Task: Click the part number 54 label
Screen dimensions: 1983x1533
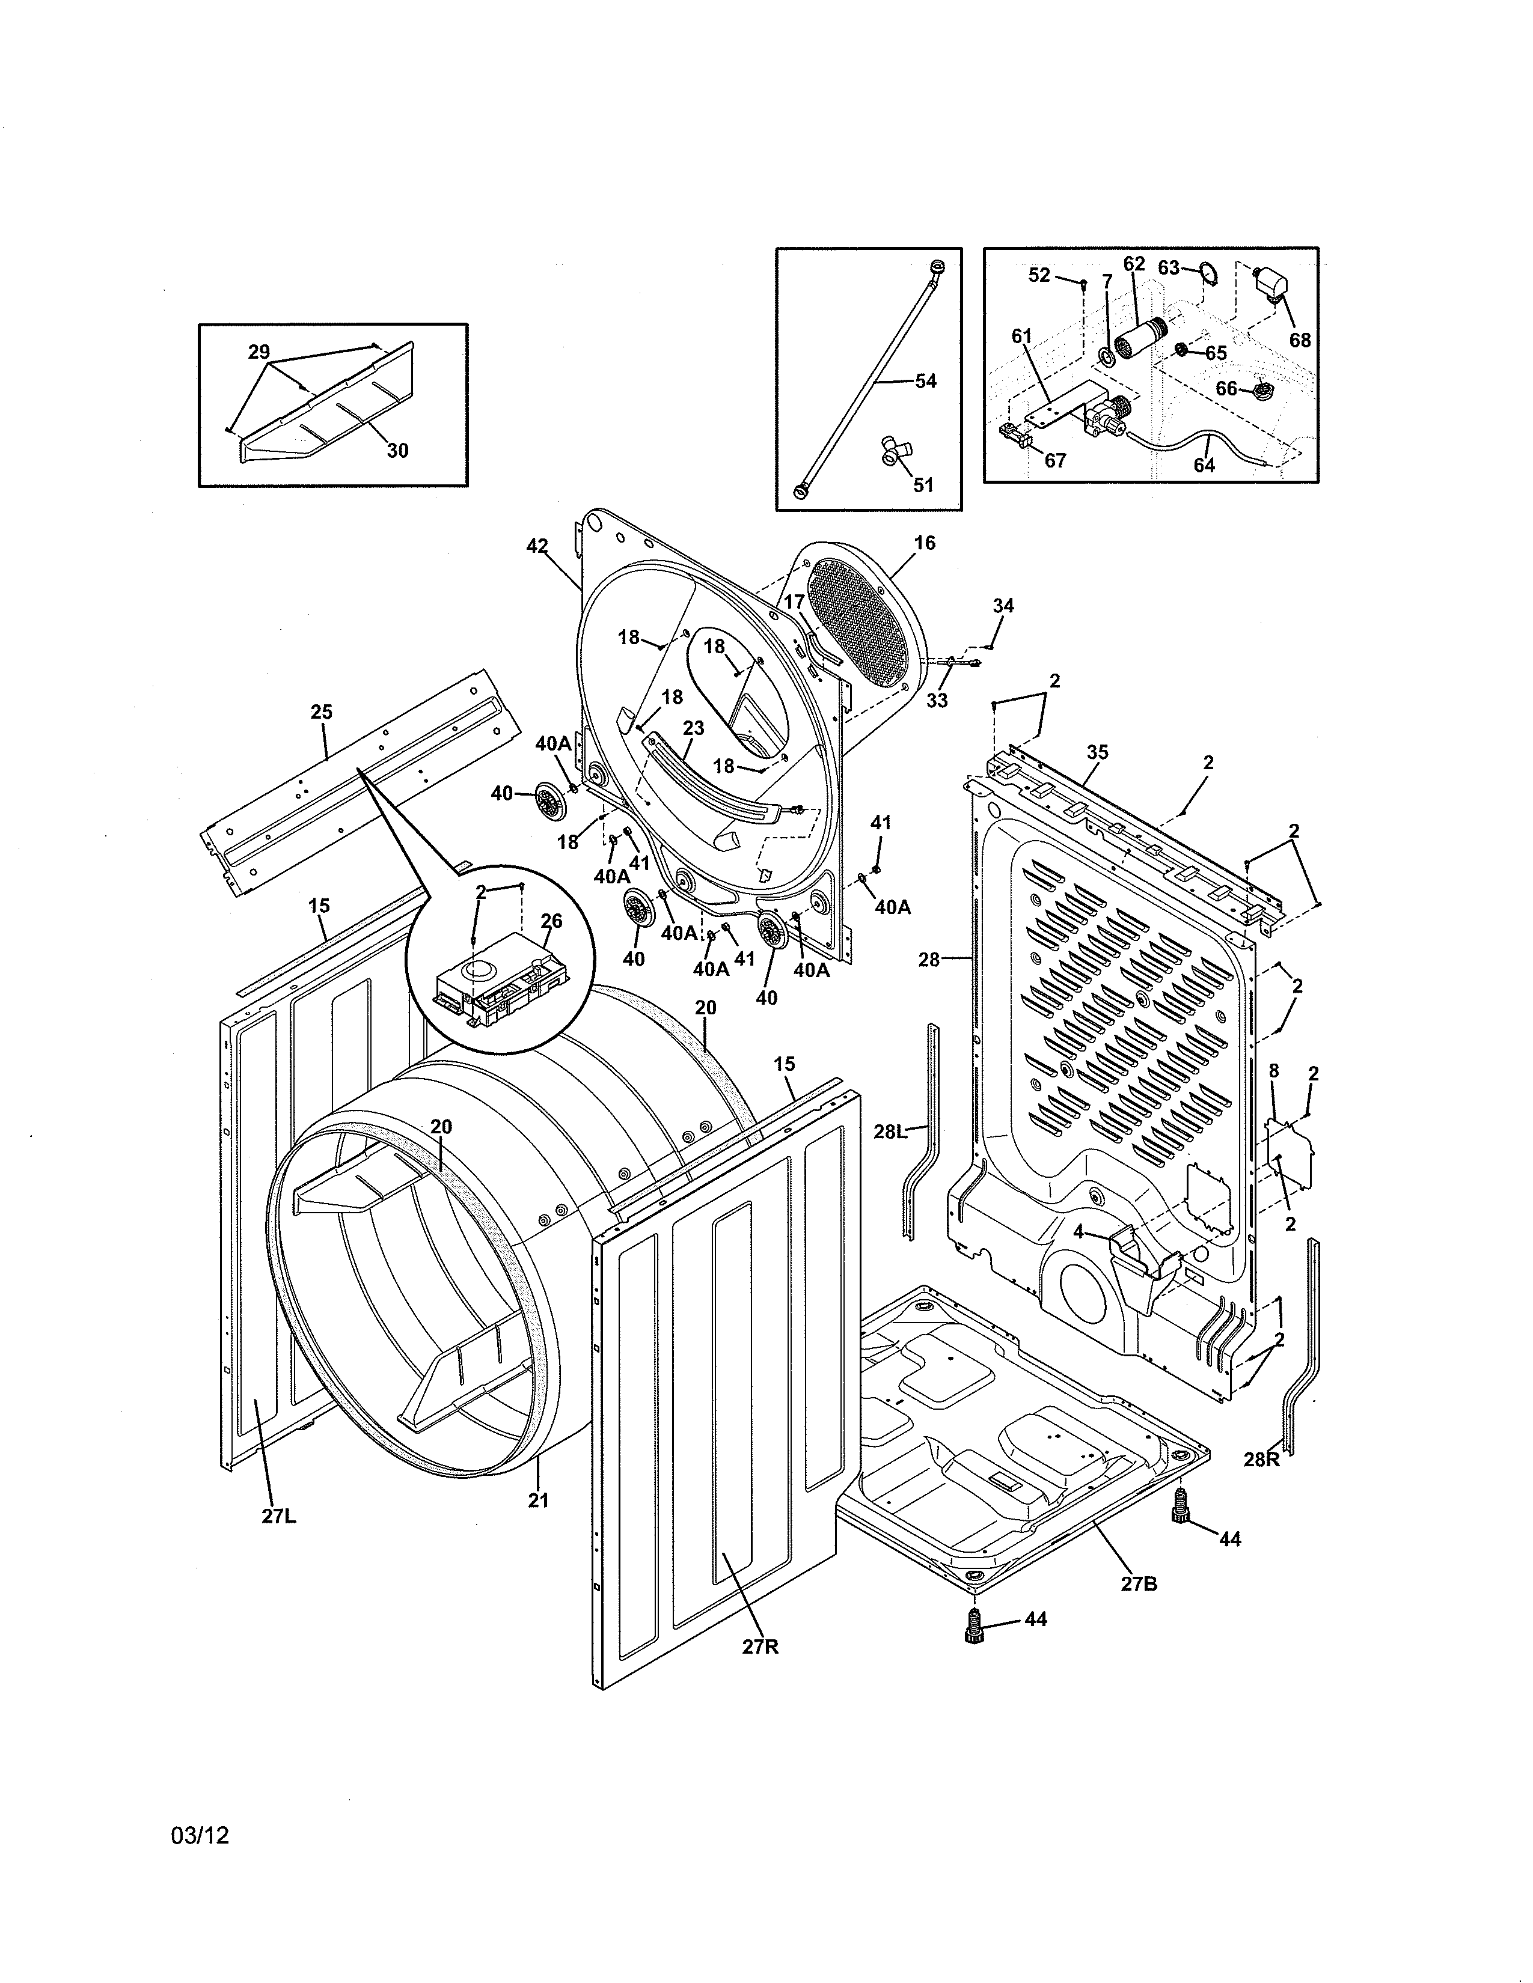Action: pyautogui.click(x=925, y=382)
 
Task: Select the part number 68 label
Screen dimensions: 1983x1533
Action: pyautogui.click(x=1300, y=340)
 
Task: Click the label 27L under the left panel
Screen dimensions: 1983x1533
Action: pyautogui.click(x=279, y=1516)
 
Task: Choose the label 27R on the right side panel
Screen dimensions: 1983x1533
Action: pyautogui.click(x=760, y=1646)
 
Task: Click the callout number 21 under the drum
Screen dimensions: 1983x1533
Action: pyautogui.click(x=539, y=1501)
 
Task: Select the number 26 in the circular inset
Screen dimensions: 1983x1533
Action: pyautogui.click(x=551, y=921)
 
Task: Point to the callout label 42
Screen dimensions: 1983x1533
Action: pyautogui.click(x=537, y=546)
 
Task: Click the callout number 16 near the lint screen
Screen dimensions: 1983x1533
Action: pyautogui.click(x=925, y=543)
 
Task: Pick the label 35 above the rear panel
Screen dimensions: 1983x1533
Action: pyautogui.click(x=1097, y=752)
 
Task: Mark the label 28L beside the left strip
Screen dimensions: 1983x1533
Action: pyautogui.click(x=890, y=1132)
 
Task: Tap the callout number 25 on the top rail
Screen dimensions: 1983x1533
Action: pyautogui.click(x=322, y=712)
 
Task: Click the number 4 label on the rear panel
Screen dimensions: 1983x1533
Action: pyautogui.click(x=1078, y=1232)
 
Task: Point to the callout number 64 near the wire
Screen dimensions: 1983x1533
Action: pyautogui.click(x=1204, y=465)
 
